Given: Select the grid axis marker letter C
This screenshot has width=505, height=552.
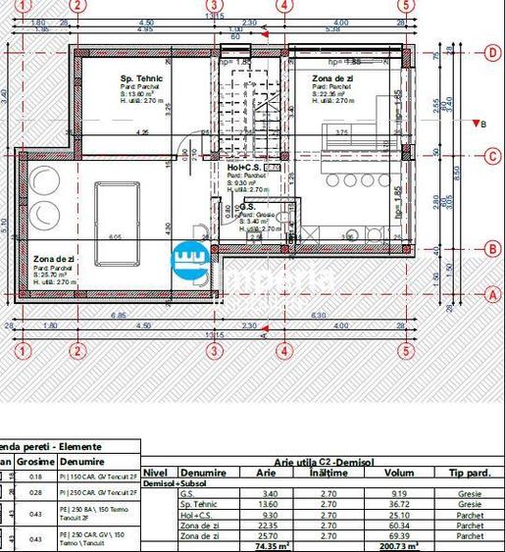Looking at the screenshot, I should (x=493, y=156).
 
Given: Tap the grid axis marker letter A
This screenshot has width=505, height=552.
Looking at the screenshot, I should (x=493, y=293).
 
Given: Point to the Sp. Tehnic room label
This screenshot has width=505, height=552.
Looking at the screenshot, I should (x=141, y=78).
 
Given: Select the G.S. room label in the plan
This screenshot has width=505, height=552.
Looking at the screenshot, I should (x=248, y=207).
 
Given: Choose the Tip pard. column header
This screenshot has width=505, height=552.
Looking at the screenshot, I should (x=469, y=473).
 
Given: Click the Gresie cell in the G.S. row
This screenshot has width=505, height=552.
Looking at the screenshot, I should (x=469, y=493).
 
